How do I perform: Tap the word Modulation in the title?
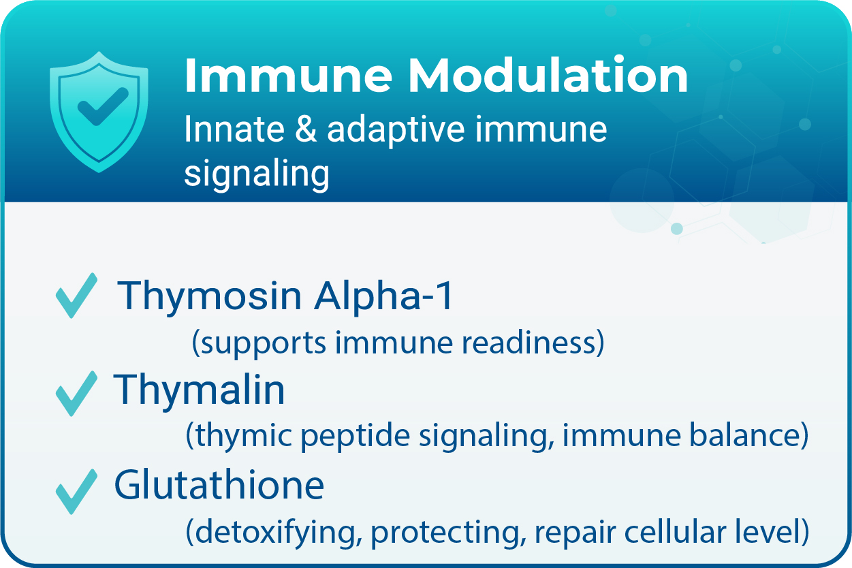click(548, 76)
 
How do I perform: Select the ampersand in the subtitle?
click(304, 129)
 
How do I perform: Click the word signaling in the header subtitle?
click(257, 174)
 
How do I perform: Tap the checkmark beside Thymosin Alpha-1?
click(76, 297)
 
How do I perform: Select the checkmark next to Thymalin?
click(76, 393)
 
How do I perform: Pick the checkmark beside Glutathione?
click(76, 490)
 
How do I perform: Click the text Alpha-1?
click(383, 296)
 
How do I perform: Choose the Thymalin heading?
click(200, 390)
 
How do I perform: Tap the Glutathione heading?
click(219, 485)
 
